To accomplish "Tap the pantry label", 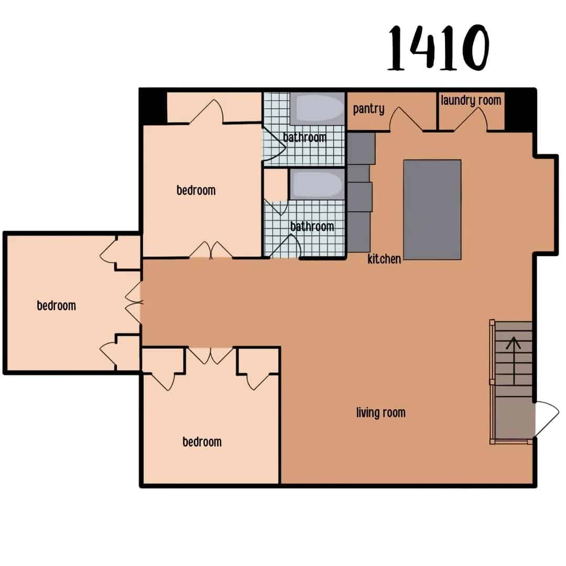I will pos(368,109).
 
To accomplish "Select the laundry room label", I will pos(471,100).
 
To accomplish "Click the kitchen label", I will pos(384,258).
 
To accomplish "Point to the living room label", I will pos(380,413).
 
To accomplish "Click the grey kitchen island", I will pos(432,210).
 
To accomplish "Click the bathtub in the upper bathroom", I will pos(317,108).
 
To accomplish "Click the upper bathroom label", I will pos(304,137).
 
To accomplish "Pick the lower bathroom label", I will pos(312,226).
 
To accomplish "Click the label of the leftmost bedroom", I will pos(56,306).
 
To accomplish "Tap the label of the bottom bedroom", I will pos(202,442).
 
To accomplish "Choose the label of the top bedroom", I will pos(195,190).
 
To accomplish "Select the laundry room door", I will pos(471,119).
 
